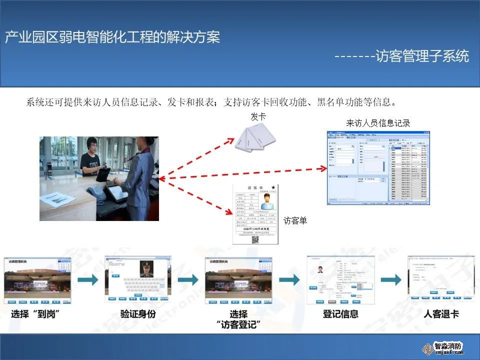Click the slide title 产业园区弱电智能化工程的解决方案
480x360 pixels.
(x=112, y=37)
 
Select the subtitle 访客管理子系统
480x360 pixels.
(x=422, y=56)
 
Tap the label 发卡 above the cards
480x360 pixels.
(x=258, y=116)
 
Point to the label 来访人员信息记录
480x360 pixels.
(x=378, y=123)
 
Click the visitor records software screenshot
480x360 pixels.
(x=378, y=167)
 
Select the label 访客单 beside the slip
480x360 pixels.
(x=295, y=220)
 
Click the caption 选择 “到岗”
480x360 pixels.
(x=39, y=315)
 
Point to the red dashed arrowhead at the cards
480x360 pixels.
(x=231, y=140)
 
